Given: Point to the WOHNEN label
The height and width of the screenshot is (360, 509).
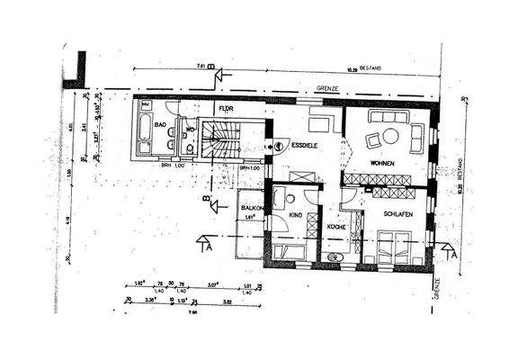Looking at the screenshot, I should click(383, 163).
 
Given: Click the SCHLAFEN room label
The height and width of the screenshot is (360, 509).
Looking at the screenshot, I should click(397, 214).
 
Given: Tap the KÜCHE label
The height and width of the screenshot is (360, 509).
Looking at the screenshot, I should click(335, 228).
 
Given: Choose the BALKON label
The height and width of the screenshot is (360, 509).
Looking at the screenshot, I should click(251, 208).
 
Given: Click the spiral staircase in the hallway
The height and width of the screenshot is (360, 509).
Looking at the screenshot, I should click(219, 139).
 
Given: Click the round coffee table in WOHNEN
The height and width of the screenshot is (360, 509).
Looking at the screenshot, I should click(391, 136).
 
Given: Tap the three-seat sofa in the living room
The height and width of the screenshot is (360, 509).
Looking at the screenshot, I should click(388, 116).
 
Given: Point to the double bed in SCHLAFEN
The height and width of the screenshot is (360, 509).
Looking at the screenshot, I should click(394, 246).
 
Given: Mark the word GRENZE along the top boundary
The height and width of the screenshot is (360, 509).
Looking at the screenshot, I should click(327, 88).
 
